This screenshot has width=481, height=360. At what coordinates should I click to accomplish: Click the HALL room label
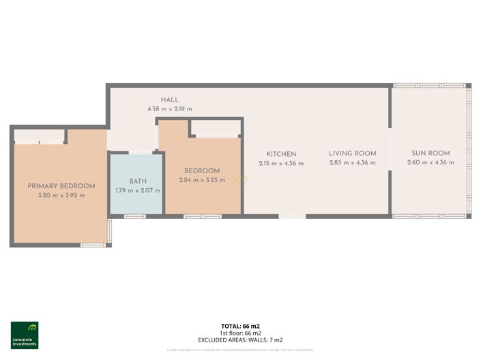click(x=170, y=100)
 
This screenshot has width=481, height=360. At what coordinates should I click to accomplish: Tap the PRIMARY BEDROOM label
click(x=61, y=185)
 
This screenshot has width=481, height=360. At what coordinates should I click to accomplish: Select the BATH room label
click(x=139, y=181)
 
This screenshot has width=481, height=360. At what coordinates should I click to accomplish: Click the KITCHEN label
click(x=281, y=154)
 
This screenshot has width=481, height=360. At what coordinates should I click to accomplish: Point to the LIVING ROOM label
click(x=353, y=153)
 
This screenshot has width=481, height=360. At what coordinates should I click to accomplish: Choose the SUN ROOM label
click(x=431, y=153)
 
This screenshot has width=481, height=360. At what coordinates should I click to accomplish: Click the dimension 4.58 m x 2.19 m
click(x=170, y=109)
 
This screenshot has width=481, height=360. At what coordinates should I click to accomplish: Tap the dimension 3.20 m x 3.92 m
click(x=61, y=195)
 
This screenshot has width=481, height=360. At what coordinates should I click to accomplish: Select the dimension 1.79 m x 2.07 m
click(x=139, y=190)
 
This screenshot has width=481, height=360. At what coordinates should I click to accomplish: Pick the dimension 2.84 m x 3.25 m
click(x=202, y=180)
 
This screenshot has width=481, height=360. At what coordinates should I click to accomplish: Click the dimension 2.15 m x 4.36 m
click(x=281, y=164)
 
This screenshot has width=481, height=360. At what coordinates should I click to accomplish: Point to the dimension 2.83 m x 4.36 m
click(x=353, y=163)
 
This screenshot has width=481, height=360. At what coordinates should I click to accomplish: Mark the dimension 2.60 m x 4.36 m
click(x=431, y=163)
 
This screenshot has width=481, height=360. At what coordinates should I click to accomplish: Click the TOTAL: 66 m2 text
click(x=240, y=327)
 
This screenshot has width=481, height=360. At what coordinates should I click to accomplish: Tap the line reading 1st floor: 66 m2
click(x=240, y=333)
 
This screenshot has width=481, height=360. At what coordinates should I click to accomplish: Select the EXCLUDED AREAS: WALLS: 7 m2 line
click(x=240, y=340)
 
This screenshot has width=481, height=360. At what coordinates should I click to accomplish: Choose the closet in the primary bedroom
click(x=40, y=136)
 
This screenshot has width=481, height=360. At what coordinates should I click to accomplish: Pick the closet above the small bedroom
click(x=215, y=127)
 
